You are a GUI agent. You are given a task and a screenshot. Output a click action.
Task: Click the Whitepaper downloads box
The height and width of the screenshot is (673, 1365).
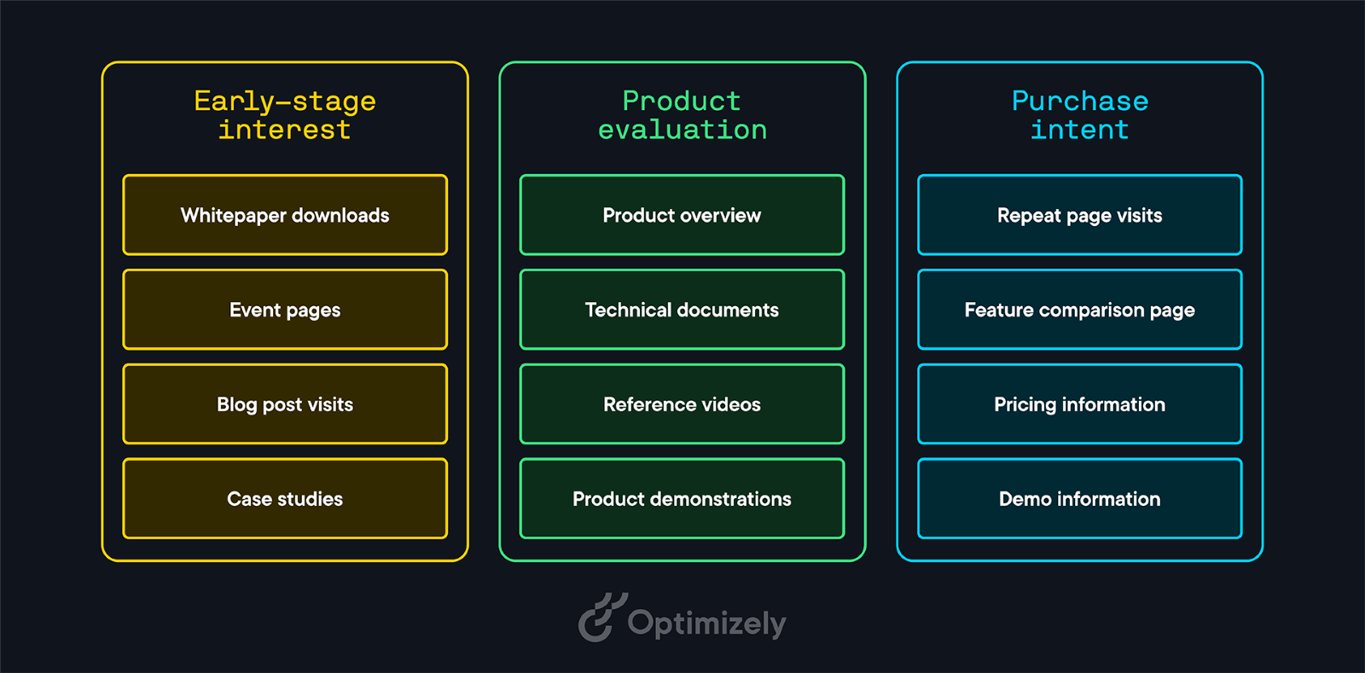click(285, 215)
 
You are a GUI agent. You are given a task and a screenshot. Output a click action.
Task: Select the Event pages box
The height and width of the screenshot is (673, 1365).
click(285, 310)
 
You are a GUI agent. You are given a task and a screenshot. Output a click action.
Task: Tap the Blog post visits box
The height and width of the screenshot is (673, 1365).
click(285, 403)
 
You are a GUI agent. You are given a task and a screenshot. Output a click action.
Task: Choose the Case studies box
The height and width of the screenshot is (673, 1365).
click(285, 498)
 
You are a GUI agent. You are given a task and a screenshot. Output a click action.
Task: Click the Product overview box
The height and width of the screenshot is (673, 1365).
click(682, 215)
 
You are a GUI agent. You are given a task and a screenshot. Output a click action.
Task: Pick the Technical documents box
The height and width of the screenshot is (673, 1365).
click(682, 310)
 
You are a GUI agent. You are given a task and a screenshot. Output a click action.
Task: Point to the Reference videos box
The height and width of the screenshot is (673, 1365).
click(682, 403)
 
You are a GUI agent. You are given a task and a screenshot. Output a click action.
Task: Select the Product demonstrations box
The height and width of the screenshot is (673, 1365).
click(682, 498)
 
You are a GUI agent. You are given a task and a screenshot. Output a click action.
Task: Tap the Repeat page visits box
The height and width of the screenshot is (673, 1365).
click(1080, 215)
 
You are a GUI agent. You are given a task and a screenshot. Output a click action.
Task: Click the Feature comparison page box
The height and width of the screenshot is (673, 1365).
click(1080, 310)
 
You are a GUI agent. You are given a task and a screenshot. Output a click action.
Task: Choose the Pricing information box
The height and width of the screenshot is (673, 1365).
click(1080, 403)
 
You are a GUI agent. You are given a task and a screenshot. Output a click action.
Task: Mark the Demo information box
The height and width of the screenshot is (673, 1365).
click(1080, 498)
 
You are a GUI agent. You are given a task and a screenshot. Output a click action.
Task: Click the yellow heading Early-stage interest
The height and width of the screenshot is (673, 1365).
click(285, 115)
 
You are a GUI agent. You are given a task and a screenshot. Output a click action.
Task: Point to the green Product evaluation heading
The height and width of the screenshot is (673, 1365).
click(682, 115)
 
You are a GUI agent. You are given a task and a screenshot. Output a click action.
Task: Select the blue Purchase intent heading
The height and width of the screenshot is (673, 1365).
click(1080, 115)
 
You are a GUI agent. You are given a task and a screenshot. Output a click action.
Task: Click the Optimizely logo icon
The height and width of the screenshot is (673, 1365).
click(602, 618)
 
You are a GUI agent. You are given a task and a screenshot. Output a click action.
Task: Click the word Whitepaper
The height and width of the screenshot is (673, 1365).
click(233, 216)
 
